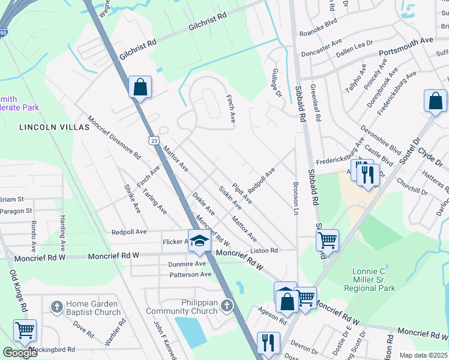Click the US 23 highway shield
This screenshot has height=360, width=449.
[154, 139]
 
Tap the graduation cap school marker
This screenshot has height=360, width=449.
[200, 241]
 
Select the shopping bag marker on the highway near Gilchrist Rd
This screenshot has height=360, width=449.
[140, 87]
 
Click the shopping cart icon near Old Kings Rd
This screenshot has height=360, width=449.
[25, 330]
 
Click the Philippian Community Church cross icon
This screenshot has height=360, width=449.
[226, 306]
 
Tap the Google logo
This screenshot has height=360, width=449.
[20, 352]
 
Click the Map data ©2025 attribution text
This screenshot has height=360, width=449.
[423, 355]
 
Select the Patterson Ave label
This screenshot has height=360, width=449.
[190, 274]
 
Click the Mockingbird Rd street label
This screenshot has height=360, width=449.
[54, 349]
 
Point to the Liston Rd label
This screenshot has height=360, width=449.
[264, 250]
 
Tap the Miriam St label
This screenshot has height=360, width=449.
[13, 199]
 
